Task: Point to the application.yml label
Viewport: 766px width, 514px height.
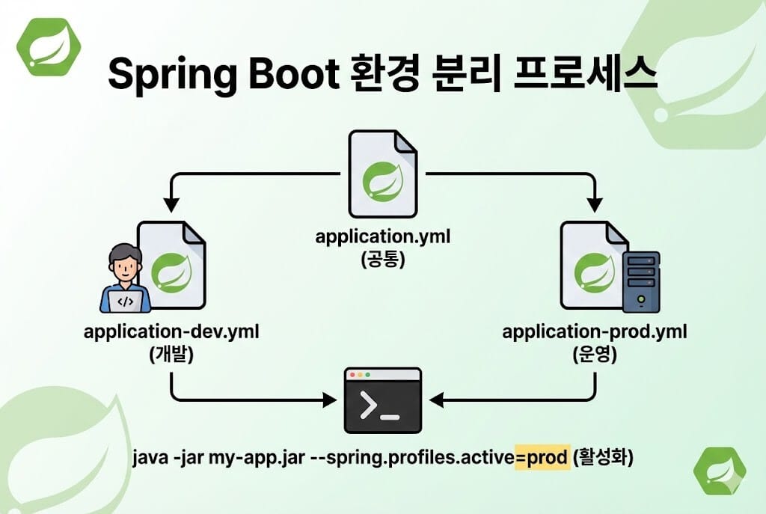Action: (x=382, y=237)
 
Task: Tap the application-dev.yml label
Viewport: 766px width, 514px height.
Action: (x=171, y=331)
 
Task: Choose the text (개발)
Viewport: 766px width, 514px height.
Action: (x=171, y=355)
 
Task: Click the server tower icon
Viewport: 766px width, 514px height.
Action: (x=641, y=281)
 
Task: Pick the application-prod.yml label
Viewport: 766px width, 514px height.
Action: (x=595, y=331)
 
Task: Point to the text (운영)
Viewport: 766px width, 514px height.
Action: (x=595, y=355)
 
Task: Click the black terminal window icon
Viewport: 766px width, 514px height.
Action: (x=382, y=400)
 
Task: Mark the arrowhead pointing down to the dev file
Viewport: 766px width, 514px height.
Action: (x=171, y=204)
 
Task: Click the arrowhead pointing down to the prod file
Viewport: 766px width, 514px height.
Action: (x=595, y=204)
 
